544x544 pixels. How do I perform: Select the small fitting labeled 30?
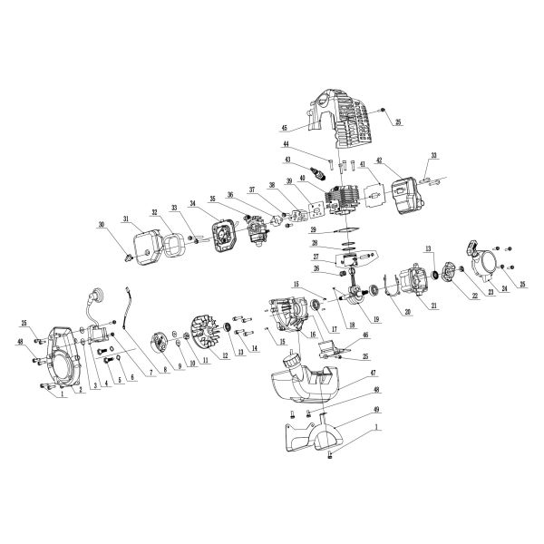(x=129, y=257)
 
